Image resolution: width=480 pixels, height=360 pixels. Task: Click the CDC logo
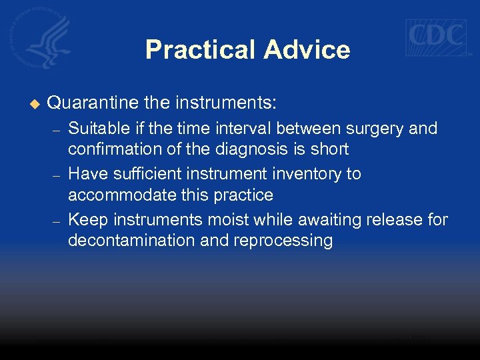(x=437, y=37)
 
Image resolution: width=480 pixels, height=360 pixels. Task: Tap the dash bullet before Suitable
(x=57, y=130)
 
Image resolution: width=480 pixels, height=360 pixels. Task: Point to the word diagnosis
(x=254, y=149)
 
